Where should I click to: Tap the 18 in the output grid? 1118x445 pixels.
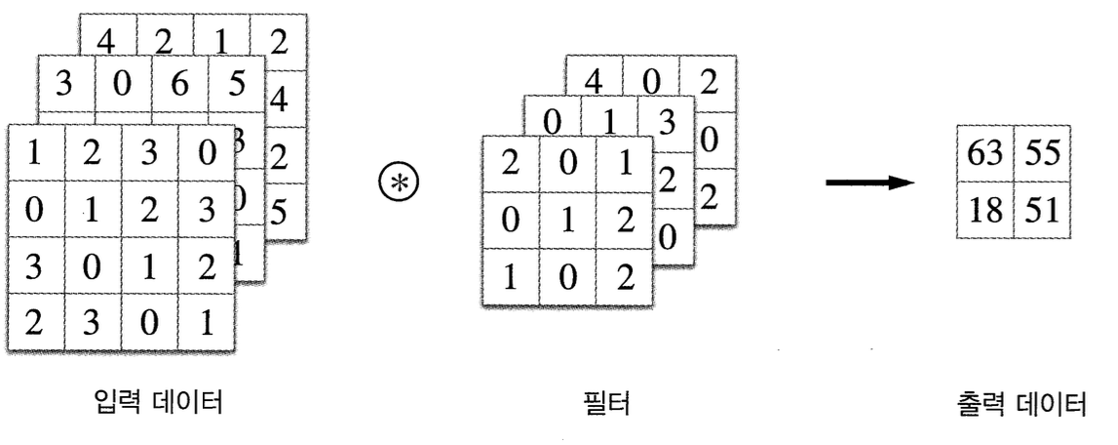point(984,209)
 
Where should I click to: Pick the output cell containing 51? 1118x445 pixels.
point(1041,209)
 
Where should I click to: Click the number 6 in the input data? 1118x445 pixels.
point(179,85)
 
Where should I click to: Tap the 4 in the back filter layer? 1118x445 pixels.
point(594,82)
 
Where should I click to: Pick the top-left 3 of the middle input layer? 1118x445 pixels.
point(66,85)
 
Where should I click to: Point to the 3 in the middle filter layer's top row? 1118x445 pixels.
point(667,120)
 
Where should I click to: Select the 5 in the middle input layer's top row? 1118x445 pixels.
point(236,85)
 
